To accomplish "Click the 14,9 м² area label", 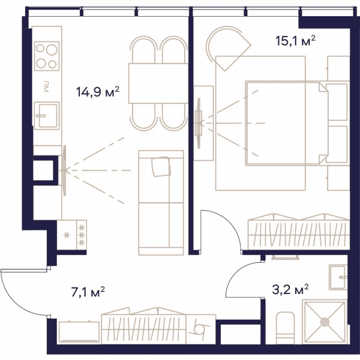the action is [x=98, y=92].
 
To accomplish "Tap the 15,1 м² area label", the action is [x=295, y=41].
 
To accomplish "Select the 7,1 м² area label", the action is [x=88, y=292].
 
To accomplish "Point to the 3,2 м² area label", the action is [x=290, y=289].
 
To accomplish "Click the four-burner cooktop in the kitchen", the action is [x=47, y=56].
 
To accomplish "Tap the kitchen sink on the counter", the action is [x=47, y=115].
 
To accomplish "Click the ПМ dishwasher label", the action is [x=46, y=86].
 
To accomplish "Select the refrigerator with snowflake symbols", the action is [x=72, y=235].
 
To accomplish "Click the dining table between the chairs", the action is [x=158, y=83].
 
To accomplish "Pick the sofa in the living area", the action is [x=161, y=203].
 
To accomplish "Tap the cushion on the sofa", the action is [x=161, y=167].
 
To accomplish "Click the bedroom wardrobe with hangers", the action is [x=299, y=232].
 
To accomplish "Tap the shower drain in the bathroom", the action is [x=325, y=322].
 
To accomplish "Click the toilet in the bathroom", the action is [x=285, y=328].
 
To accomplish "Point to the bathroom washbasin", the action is [x=338, y=277].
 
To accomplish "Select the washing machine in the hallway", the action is [x=201, y=329].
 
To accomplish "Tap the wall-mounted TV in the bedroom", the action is [x=199, y=123].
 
